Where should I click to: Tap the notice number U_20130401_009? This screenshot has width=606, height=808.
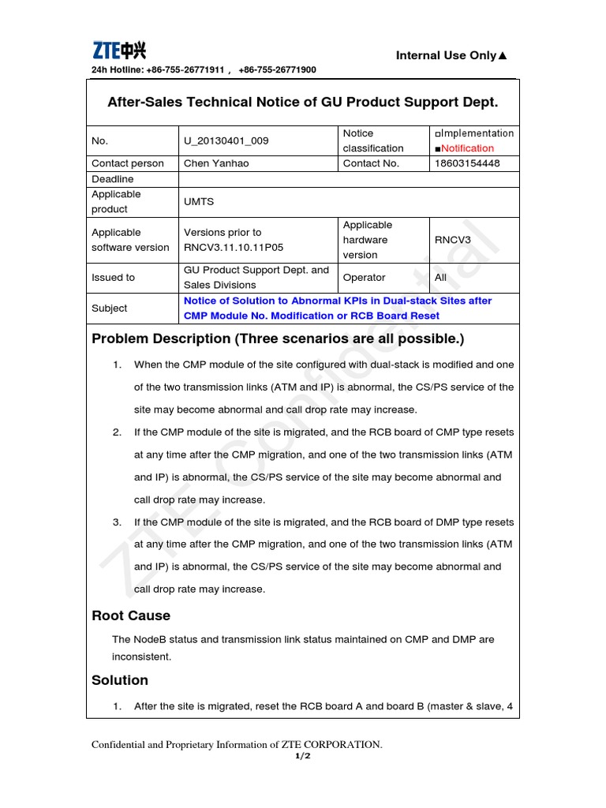226,141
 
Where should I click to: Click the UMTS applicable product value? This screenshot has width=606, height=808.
199,202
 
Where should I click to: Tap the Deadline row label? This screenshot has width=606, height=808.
113,179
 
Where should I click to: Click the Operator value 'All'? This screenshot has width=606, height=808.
440,278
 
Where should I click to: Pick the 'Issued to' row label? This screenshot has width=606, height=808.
113,278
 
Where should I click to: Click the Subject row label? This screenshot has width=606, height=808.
109,309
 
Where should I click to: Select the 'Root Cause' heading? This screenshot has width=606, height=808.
131,615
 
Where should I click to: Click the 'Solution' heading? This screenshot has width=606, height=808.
120,680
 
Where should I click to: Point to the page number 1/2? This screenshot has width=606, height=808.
302,756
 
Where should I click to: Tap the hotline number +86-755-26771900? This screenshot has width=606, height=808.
277,70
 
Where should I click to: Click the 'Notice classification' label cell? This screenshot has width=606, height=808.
372,141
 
